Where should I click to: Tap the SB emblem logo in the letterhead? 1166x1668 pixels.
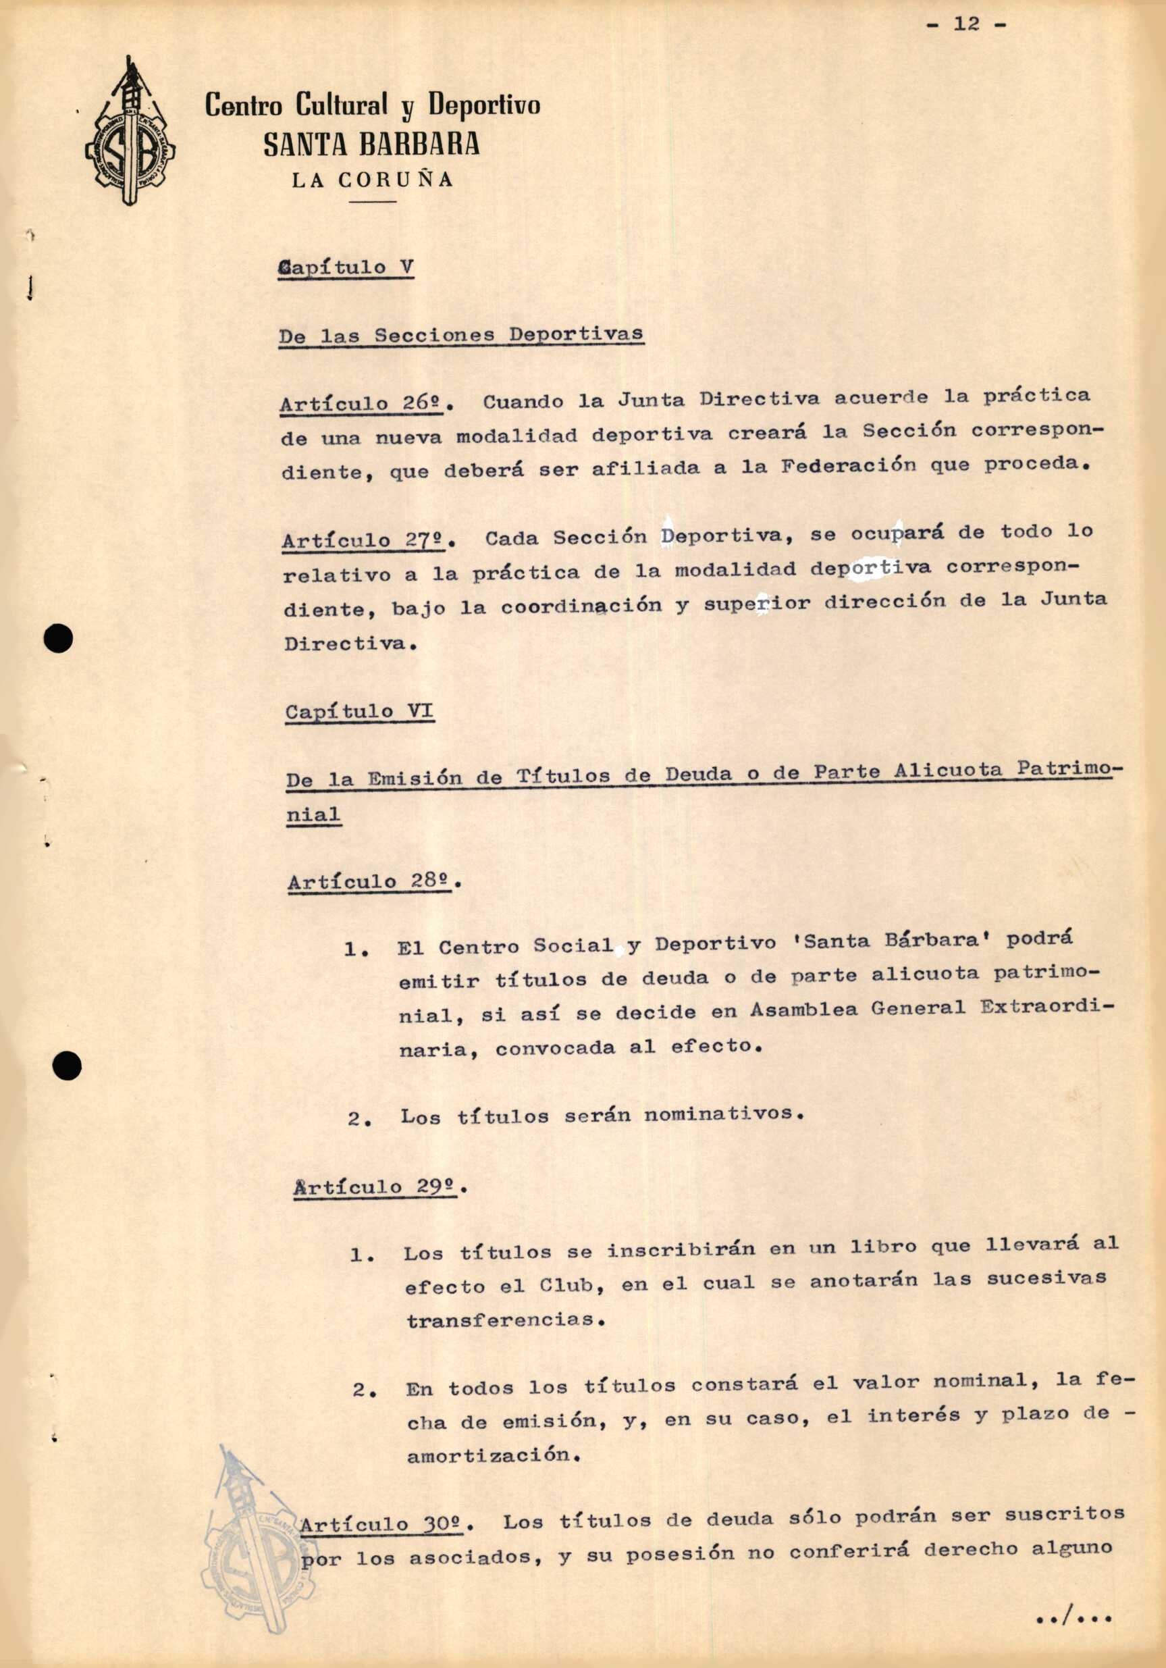[x=130, y=135]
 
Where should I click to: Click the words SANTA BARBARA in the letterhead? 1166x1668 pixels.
[x=371, y=145]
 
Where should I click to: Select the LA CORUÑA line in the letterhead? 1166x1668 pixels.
[x=373, y=180]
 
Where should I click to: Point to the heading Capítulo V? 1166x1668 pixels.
[x=346, y=268]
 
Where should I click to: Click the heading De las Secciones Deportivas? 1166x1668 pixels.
[x=461, y=335]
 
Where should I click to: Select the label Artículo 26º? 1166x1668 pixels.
[x=363, y=403]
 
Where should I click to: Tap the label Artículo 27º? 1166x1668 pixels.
[x=366, y=540]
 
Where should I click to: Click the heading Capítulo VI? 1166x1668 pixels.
[x=360, y=711]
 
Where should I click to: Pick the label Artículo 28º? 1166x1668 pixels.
[x=371, y=882]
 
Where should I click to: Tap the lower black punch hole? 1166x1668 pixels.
[x=67, y=1066]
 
